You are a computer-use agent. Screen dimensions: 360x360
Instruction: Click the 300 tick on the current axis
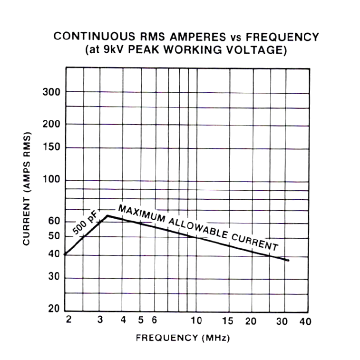coord(51,92)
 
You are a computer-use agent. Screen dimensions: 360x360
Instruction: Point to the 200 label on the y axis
coord(51,125)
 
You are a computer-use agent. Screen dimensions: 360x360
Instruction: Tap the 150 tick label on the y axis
coord(51,147)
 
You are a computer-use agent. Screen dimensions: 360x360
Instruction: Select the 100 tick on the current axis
coord(51,180)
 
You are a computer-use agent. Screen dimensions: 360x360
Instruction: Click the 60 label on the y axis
coord(54,221)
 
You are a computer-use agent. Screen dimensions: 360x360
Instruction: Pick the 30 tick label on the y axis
coord(54,278)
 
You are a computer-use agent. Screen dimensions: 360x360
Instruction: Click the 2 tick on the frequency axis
coord(68,320)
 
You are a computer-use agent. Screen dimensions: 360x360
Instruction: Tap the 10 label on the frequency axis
coord(196,321)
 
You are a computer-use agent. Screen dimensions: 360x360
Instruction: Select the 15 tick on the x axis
coord(228,321)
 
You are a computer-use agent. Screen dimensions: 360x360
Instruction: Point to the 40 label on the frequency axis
coord(305,321)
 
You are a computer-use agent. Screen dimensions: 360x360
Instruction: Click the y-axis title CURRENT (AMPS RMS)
coord(27,188)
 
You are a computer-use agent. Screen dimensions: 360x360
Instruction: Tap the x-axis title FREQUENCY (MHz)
coord(183,338)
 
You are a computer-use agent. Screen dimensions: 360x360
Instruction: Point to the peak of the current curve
coord(108,215)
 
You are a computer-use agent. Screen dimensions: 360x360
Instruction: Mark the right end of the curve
coord(288,260)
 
